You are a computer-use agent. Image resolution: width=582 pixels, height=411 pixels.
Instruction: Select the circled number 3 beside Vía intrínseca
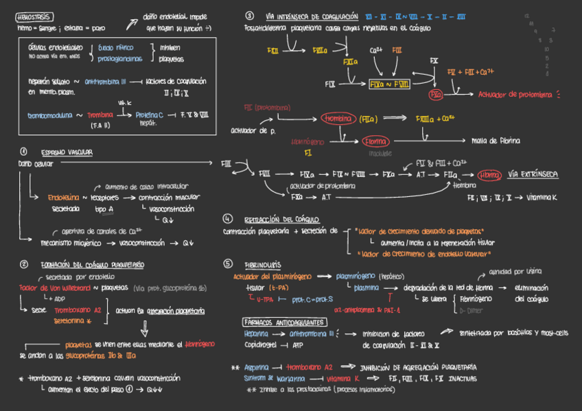click(x=249, y=16)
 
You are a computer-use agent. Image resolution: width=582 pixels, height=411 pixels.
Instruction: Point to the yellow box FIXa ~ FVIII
click(x=389, y=84)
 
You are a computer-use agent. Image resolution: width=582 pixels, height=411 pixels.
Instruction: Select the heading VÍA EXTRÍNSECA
click(x=533, y=174)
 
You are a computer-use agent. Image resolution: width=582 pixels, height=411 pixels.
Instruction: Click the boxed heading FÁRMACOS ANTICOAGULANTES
click(x=284, y=322)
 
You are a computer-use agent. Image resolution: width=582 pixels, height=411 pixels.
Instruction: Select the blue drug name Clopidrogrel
click(x=264, y=344)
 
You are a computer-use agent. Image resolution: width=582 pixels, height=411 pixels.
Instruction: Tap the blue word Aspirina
click(x=257, y=367)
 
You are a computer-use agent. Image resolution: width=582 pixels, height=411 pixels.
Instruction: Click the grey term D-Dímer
click(x=470, y=309)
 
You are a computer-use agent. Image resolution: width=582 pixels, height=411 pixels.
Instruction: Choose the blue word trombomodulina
click(x=49, y=115)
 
